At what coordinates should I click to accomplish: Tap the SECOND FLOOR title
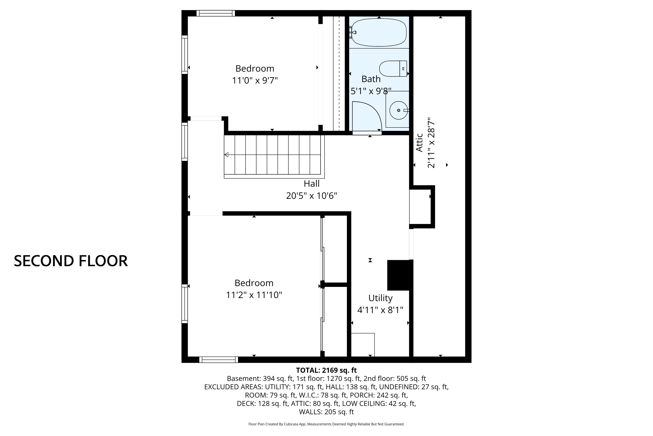(x=71, y=261)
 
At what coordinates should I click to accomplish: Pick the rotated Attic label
(x=419, y=143)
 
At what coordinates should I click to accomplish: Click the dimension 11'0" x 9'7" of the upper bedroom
(x=255, y=81)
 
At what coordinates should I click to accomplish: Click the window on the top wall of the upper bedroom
(x=216, y=13)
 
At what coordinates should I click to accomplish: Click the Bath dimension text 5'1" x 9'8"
(x=371, y=91)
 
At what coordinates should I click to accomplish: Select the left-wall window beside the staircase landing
(x=185, y=142)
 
